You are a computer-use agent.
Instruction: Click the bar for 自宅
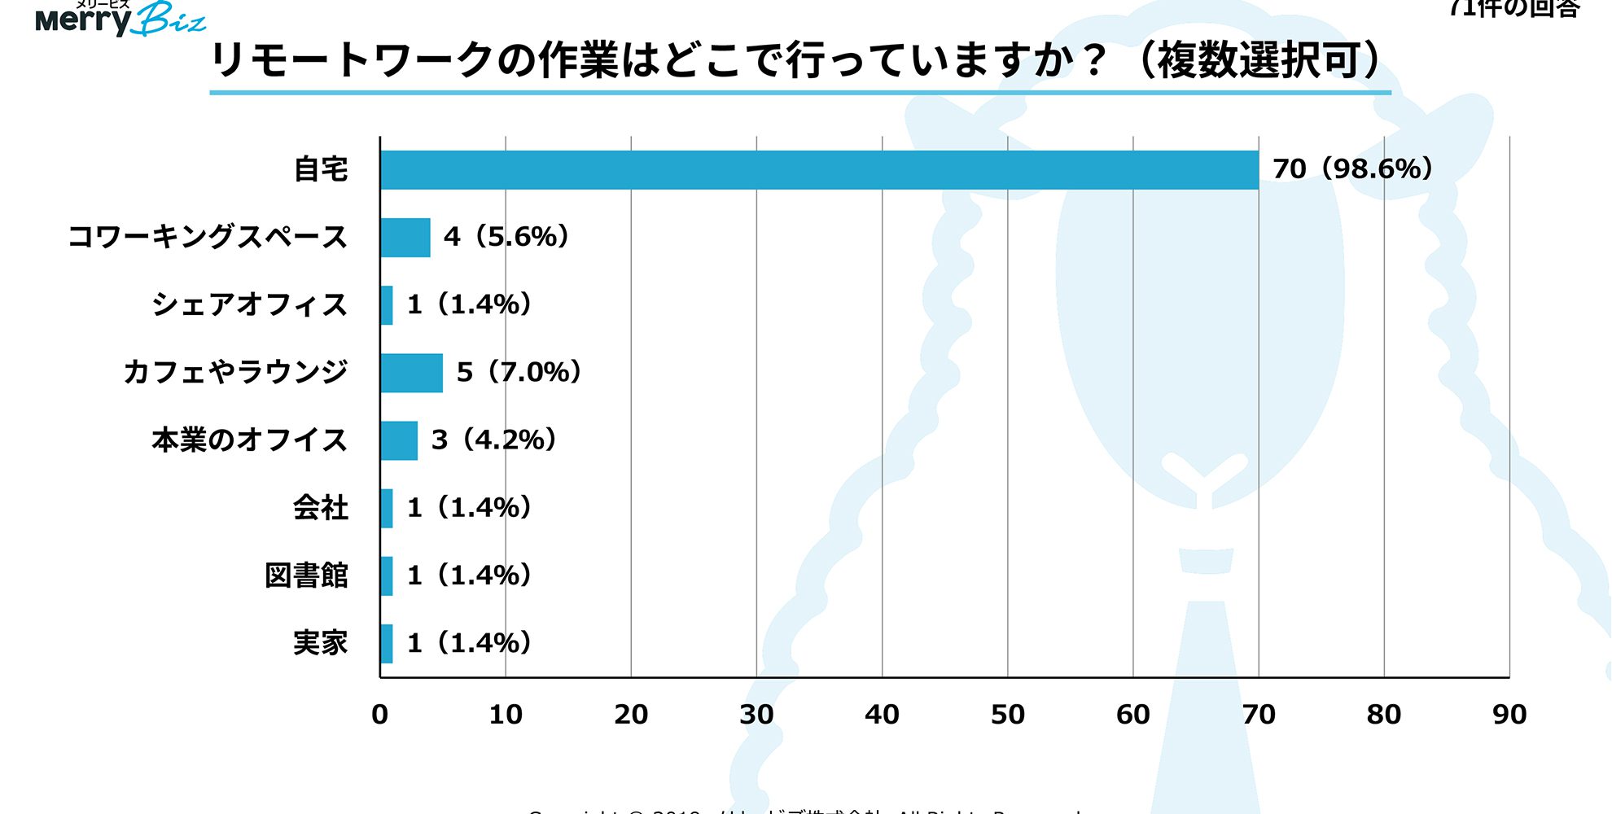[x=819, y=170]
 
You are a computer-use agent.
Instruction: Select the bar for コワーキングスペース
[x=405, y=238]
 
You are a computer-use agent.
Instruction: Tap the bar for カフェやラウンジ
[x=412, y=373]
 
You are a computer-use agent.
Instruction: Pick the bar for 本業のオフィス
[x=399, y=440]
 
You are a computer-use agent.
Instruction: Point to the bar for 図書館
[x=387, y=576]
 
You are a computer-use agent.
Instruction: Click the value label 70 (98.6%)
[x=1351, y=169]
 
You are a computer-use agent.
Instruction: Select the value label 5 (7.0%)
[x=519, y=373]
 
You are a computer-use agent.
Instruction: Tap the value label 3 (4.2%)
[x=493, y=440]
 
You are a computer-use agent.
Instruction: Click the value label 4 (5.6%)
[x=506, y=237]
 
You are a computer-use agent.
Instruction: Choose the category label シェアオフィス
[x=249, y=305]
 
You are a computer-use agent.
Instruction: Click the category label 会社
[x=320, y=508]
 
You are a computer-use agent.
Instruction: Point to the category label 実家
[x=320, y=643]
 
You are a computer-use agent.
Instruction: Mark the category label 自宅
[x=320, y=169]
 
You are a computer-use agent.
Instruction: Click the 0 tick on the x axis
[x=379, y=715]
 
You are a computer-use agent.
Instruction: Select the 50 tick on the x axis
[x=1007, y=715]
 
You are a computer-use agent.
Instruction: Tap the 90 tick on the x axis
[x=1509, y=715]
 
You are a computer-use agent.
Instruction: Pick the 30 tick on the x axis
[x=756, y=715]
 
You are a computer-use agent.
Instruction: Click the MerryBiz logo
[x=120, y=18]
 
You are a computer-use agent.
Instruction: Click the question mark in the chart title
[x=1095, y=61]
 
